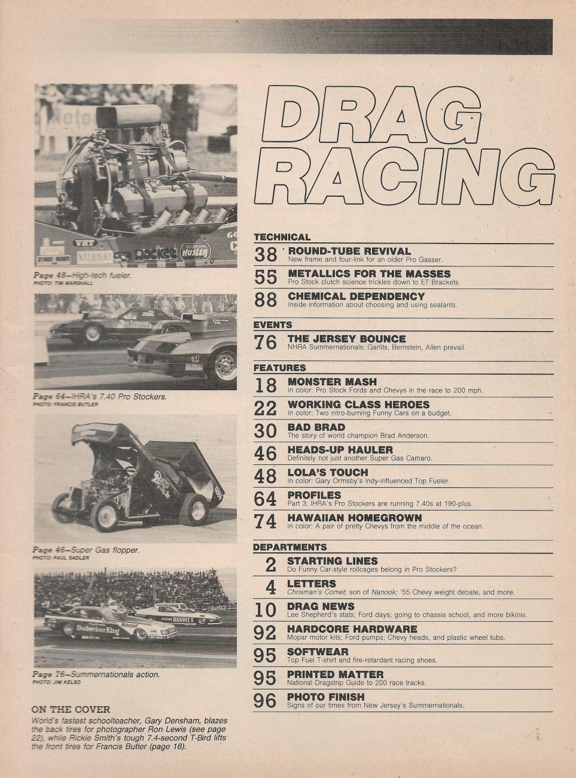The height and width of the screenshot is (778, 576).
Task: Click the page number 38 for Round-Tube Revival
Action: [x=266, y=255]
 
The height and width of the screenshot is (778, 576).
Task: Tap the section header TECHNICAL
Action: [x=282, y=237]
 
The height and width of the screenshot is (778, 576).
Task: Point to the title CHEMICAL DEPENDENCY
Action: [x=356, y=296]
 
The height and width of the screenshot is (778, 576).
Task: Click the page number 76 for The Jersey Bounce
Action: [x=266, y=342]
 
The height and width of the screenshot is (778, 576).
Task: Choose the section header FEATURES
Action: [x=279, y=368]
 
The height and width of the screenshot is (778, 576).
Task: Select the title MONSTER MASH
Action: [x=332, y=382]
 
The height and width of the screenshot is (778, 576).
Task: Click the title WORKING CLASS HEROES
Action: [x=358, y=405]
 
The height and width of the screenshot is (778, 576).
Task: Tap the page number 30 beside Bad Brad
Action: [x=266, y=431]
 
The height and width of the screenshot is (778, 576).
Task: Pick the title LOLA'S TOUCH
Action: [x=327, y=473]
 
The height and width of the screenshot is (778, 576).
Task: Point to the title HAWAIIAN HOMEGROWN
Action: [x=354, y=518]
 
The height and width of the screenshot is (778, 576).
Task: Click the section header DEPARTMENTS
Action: [x=289, y=547]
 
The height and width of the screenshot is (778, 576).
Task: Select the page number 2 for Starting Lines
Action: [x=270, y=564]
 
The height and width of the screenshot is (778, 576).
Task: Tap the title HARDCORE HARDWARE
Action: [x=352, y=629]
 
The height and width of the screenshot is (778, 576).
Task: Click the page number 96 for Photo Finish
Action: [x=264, y=700]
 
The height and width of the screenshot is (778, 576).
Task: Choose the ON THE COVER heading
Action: [x=71, y=710]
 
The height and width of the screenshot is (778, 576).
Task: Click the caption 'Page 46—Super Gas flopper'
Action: [x=86, y=549]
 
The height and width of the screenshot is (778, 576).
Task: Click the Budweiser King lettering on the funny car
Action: [x=97, y=629]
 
